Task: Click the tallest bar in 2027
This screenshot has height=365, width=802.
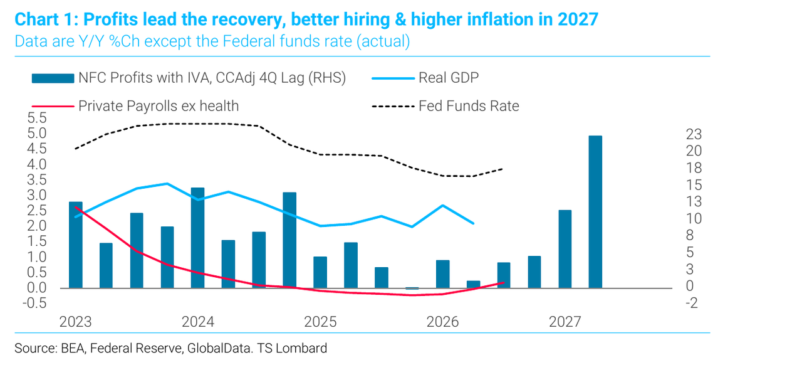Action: (x=595, y=212)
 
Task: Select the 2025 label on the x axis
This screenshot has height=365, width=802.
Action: (x=320, y=322)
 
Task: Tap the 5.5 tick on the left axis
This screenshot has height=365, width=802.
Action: (x=37, y=118)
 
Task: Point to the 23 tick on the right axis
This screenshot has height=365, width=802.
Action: (x=694, y=134)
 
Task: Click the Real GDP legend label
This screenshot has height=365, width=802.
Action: (x=449, y=77)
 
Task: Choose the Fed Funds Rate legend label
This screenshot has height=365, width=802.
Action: (x=469, y=106)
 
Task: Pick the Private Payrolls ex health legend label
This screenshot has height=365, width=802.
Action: (x=159, y=106)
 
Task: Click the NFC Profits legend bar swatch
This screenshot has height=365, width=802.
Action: (x=53, y=78)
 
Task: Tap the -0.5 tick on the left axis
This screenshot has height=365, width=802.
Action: (x=34, y=303)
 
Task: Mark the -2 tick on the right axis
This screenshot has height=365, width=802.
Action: (x=692, y=303)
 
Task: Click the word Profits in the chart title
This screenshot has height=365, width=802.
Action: (x=111, y=19)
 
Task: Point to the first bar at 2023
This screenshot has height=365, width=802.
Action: (x=76, y=245)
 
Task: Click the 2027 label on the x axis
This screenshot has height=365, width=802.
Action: (x=565, y=322)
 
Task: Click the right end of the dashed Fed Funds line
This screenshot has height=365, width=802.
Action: (x=503, y=169)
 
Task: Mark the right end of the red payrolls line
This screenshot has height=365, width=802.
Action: (x=504, y=283)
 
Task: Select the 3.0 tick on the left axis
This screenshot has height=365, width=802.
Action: (x=37, y=196)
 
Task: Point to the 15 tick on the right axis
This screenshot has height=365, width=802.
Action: (x=694, y=185)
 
